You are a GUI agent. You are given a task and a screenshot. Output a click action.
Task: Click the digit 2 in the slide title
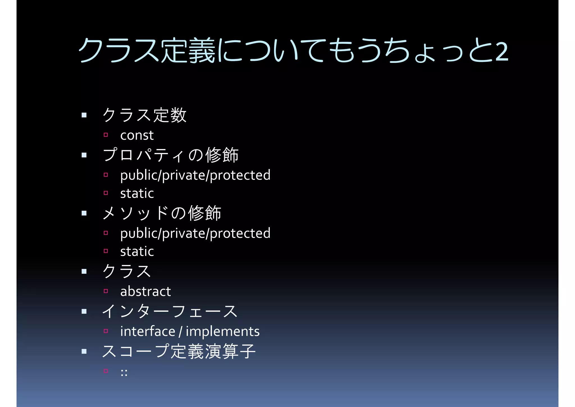(502, 51)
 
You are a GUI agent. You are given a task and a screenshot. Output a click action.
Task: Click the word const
(137, 135)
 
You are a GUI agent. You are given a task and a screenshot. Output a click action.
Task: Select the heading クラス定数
(144, 115)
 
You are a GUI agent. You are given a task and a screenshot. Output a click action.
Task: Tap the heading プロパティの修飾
(171, 155)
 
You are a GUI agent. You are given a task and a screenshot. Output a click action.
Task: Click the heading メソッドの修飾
(162, 213)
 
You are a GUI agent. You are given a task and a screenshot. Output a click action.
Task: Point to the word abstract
(145, 291)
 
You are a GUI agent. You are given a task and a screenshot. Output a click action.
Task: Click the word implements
(223, 331)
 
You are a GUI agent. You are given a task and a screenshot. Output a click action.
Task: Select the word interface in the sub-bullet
(148, 331)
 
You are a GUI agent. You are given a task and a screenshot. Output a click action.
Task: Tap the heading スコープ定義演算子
(179, 351)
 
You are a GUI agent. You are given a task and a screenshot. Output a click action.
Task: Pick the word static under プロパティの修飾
(137, 194)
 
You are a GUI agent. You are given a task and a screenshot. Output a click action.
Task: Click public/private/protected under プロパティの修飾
(195, 175)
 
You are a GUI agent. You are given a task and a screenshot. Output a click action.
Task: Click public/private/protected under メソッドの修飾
(195, 233)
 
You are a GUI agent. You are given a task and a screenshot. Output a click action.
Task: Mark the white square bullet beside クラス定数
(84, 115)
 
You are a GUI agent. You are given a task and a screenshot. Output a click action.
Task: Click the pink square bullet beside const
(106, 135)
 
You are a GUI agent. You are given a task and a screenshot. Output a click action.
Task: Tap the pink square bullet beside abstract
(106, 291)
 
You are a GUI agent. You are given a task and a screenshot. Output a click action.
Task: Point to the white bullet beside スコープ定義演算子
(84, 351)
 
